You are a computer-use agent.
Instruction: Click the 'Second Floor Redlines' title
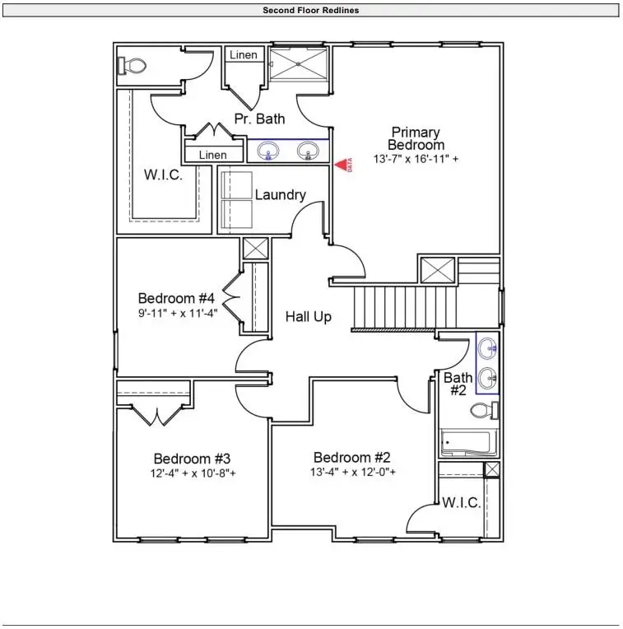[x=310, y=10]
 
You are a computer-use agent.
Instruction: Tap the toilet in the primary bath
[x=133, y=66]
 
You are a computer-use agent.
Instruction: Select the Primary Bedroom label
[x=416, y=138]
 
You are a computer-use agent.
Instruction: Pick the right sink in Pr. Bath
[x=309, y=151]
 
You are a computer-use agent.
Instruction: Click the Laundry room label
[x=280, y=195]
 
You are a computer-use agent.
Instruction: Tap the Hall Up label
[x=309, y=316]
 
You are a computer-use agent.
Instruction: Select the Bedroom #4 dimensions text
[x=176, y=313]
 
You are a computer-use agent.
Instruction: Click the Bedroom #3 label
[x=192, y=459]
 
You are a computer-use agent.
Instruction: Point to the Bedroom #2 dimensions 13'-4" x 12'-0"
[x=355, y=473]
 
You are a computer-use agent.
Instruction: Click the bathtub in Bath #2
[x=467, y=443]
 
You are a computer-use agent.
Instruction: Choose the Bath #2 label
[x=458, y=384]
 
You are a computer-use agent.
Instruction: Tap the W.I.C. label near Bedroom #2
[x=461, y=503]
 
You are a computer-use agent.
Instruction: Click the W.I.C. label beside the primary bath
[x=163, y=175]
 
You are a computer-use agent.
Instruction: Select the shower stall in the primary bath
[x=300, y=63]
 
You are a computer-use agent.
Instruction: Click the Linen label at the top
[x=244, y=55]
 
